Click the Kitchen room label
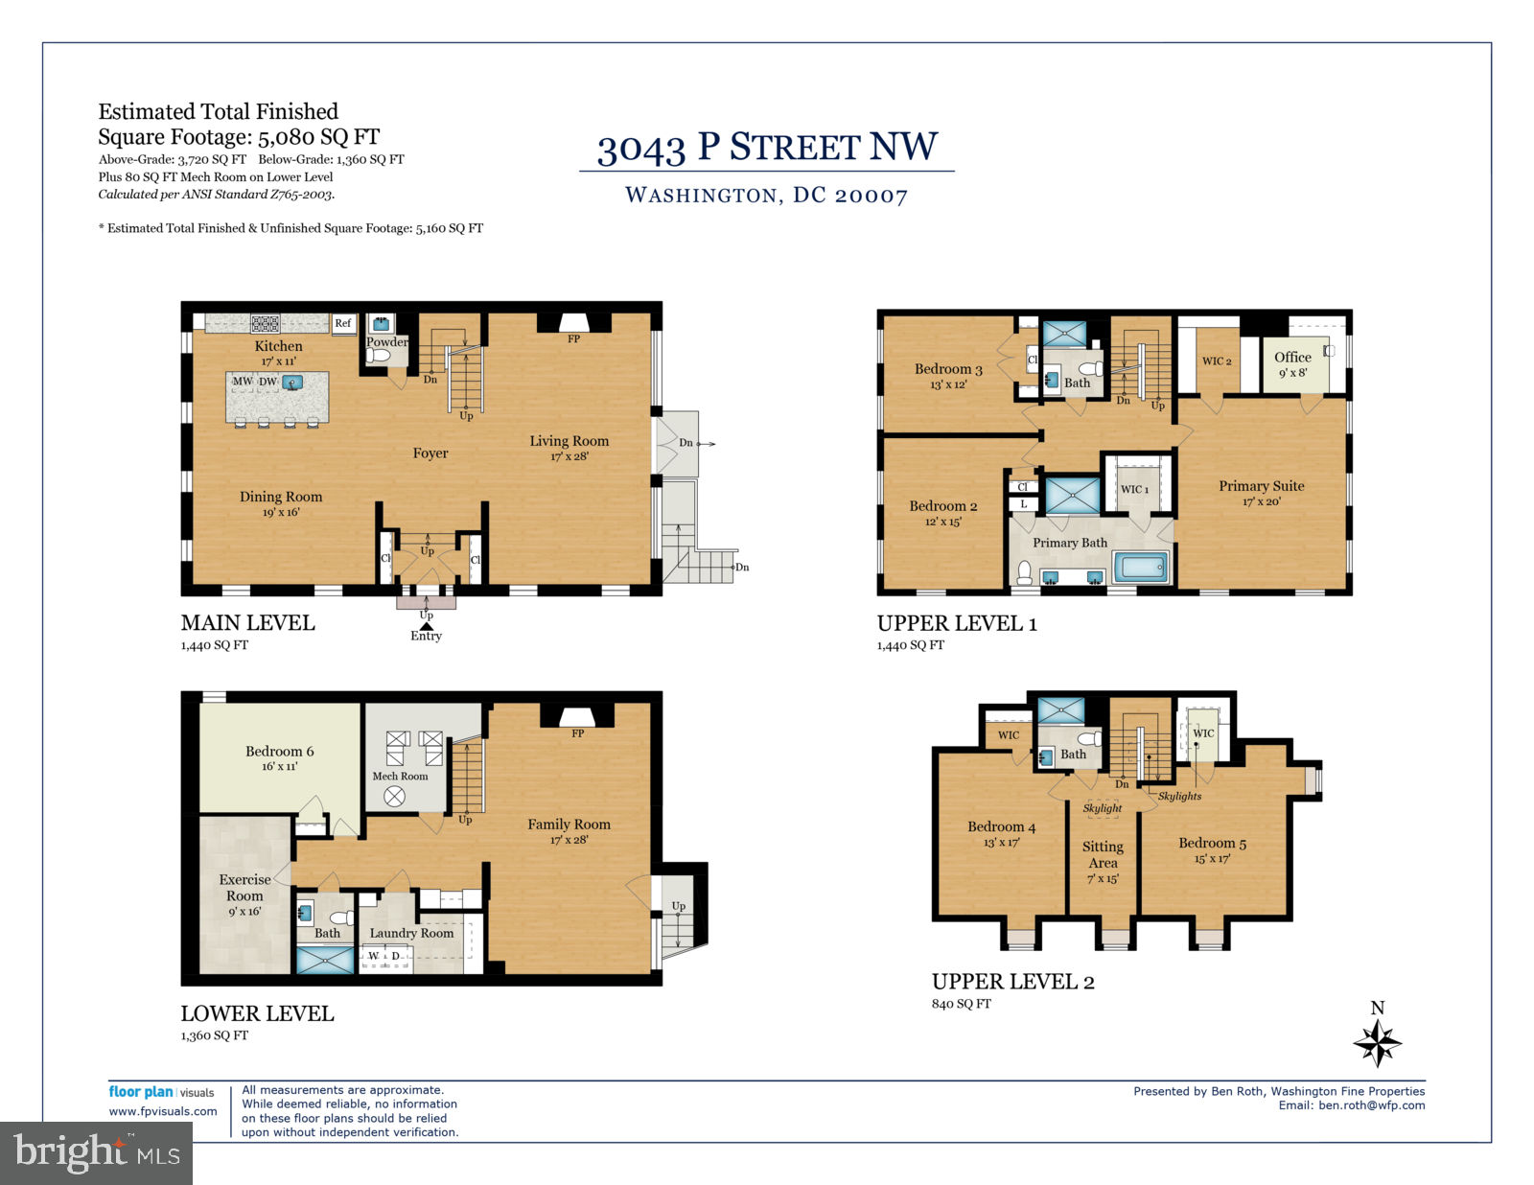click(x=278, y=346)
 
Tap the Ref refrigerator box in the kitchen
click(x=343, y=323)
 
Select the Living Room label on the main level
click(x=569, y=441)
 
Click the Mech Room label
click(x=400, y=777)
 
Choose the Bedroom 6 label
click(x=280, y=751)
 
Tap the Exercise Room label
click(x=244, y=887)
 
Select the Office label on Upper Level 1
click(x=1292, y=357)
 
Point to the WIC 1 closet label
click(x=1134, y=489)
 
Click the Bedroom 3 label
click(x=948, y=369)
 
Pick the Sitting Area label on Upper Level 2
click(x=1102, y=854)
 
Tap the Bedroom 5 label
click(x=1212, y=843)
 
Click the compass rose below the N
click(x=1377, y=1042)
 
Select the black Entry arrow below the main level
click(x=426, y=626)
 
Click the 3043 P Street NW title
click(x=767, y=148)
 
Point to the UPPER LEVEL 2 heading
click(x=1012, y=982)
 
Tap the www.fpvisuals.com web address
click(x=163, y=1111)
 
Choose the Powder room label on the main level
click(x=386, y=341)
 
